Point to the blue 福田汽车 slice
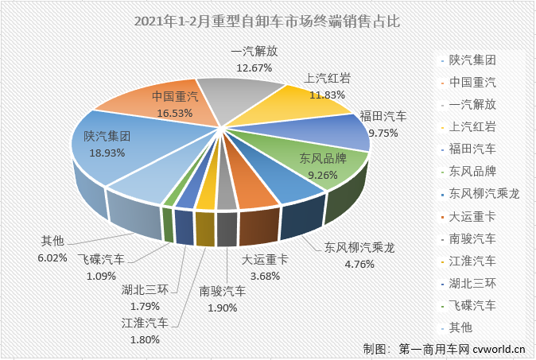click(350, 131)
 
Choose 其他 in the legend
click(461, 327)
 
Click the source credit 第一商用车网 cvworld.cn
click(445, 348)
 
